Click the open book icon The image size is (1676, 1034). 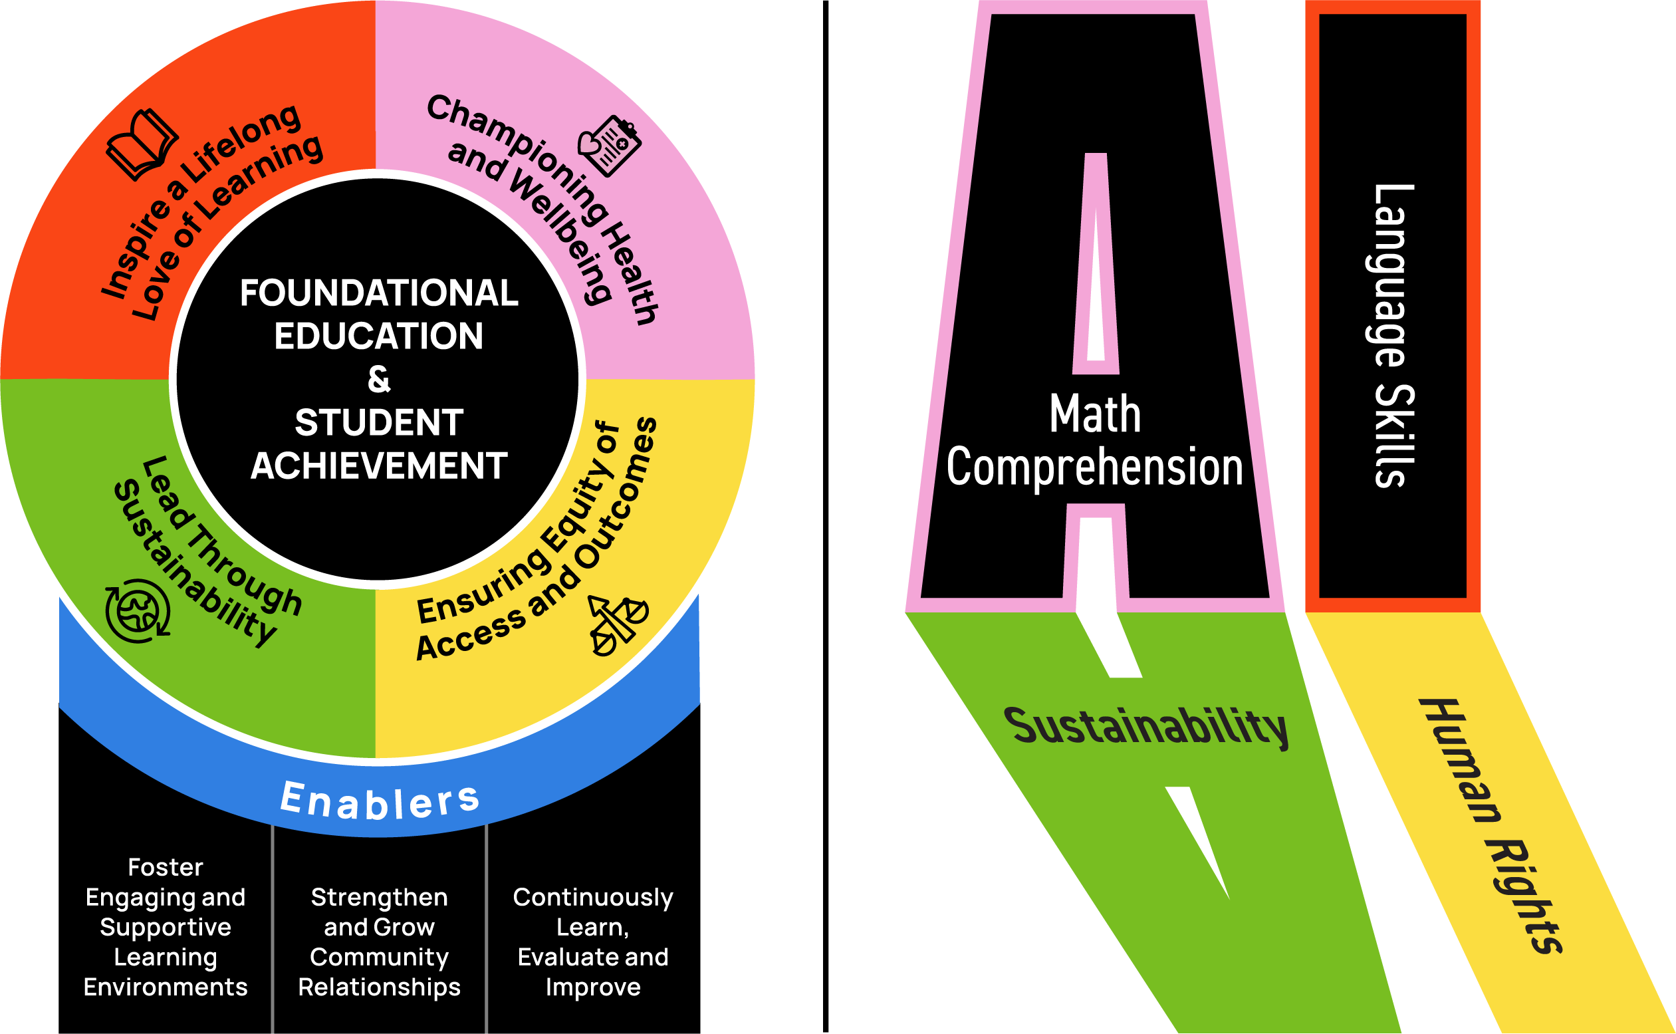tap(142, 144)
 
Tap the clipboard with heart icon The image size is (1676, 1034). tap(610, 146)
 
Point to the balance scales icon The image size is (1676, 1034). tap(617, 625)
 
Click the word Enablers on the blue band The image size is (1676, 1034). tap(380, 800)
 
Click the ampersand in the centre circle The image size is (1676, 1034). tap(379, 380)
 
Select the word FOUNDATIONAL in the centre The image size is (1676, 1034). tap(379, 293)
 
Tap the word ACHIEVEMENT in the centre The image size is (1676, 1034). tap(379, 466)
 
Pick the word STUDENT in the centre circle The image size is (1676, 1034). tap(379, 423)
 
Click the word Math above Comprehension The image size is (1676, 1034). tap(1095, 414)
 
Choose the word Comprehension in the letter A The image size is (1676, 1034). tap(1094, 467)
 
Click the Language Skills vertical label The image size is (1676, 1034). tap(1393, 335)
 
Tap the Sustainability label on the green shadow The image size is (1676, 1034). tap(1145, 726)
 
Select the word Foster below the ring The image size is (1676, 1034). tap(166, 867)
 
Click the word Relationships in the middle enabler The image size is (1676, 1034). tap(380, 987)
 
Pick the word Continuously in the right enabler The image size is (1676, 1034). tap(592, 897)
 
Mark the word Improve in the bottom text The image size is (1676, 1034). tap(592, 987)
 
